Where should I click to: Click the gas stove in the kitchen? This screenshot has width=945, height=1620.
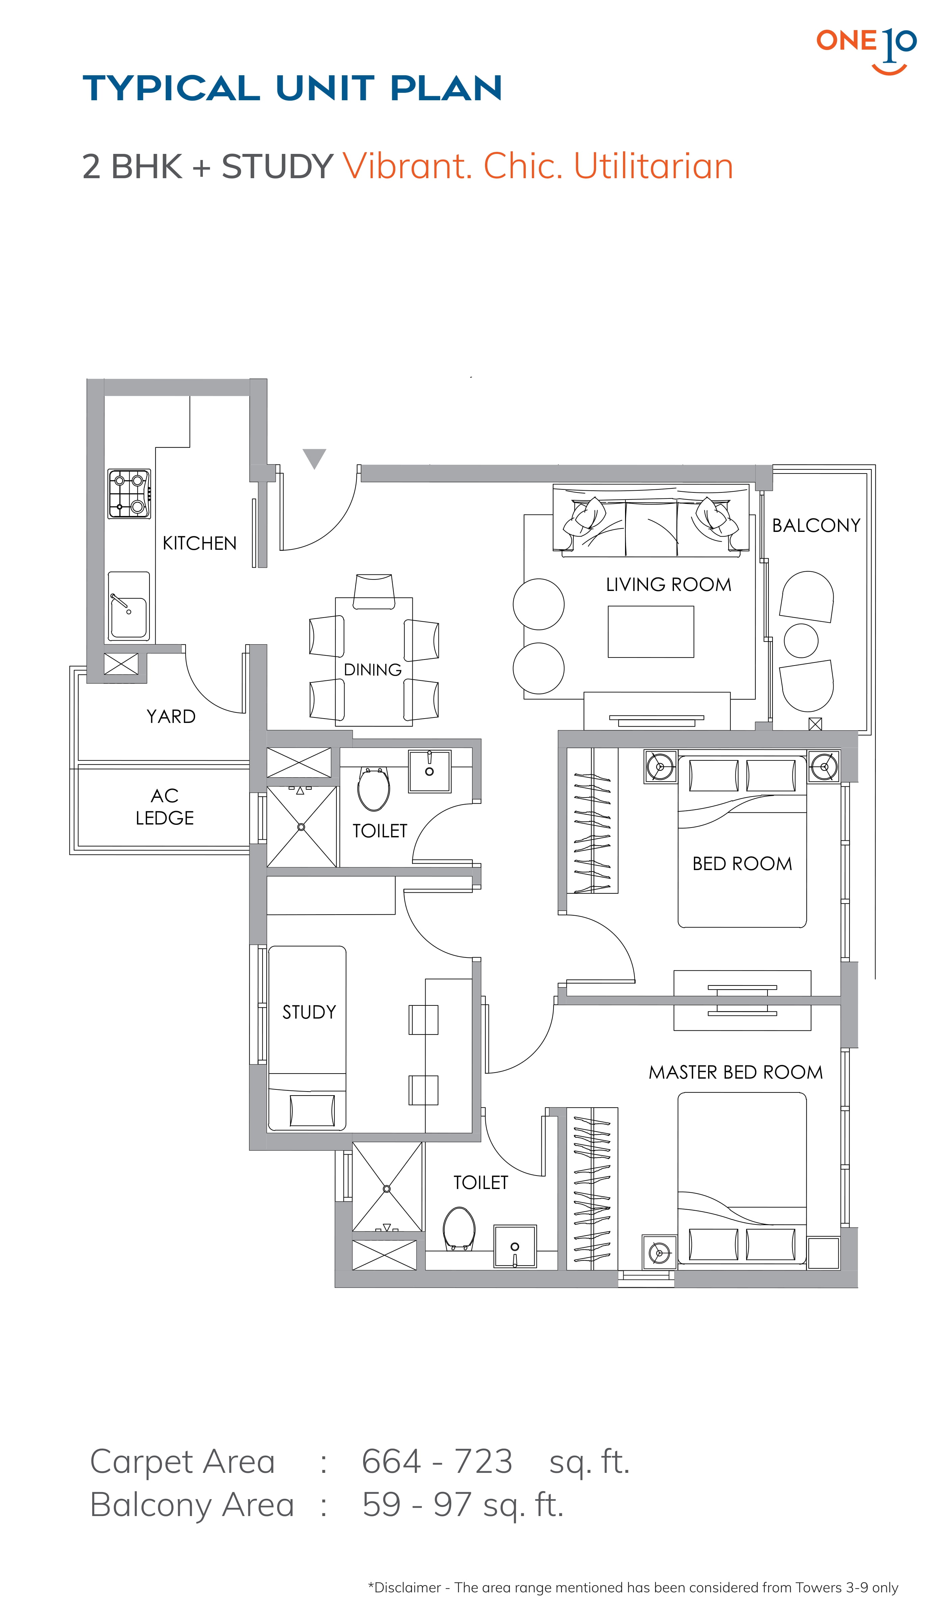129,494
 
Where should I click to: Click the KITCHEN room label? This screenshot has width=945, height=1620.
199,543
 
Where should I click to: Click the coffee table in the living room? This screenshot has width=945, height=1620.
651,631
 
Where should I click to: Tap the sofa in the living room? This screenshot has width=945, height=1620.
651,519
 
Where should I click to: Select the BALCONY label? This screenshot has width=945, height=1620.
816,525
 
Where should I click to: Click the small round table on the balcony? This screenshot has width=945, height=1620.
801,640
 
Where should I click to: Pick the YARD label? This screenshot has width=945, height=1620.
171,716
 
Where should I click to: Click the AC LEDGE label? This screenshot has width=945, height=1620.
165,807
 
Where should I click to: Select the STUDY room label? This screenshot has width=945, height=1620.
309,1012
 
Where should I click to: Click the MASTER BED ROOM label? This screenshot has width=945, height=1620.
735,1072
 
